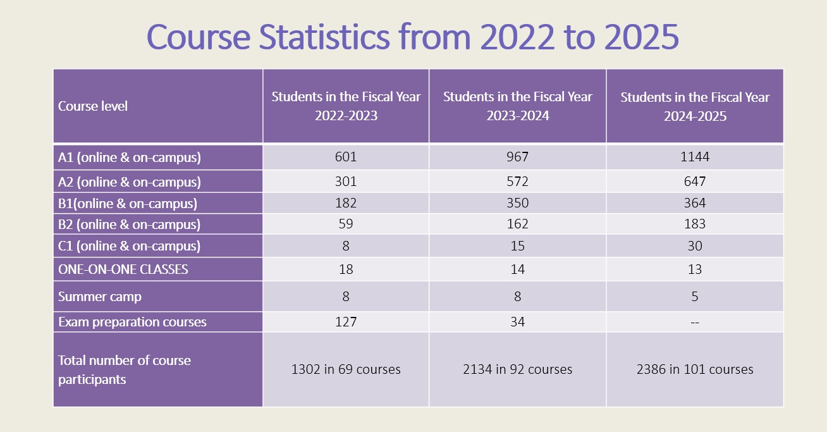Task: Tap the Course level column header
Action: pyautogui.click(x=93, y=106)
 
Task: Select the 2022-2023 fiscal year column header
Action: pyautogui.click(x=346, y=106)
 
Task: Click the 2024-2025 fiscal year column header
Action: pyautogui.click(x=695, y=106)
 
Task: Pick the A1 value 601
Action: pyautogui.click(x=346, y=157)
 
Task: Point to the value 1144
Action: pyautogui.click(x=695, y=157)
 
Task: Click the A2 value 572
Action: pyautogui.click(x=517, y=182)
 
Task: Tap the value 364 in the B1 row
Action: pyautogui.click(x=695, y=204)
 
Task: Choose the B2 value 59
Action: pyautogui.click(x=346, y=224)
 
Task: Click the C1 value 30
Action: pyautogui.click(x=695, y=245)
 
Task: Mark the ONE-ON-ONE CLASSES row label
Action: pyautogui.click(x=123, y=269)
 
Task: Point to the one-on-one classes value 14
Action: pyautogui.click(x=517, y=269)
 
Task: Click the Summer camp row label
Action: pyautogui.click(x=100, y=296)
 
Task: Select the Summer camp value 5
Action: pyautogui.click(x=695, y=296)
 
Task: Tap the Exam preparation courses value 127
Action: pyautogui.click(x=346, y=322)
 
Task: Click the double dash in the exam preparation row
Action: pyautogui.click(x=695, y=322)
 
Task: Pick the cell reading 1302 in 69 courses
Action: pyautogui.click(x=346, y=369)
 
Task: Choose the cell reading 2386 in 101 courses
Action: pyautogui.click(x=695, y=369)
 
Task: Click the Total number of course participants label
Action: pyautogui.click(x=125, y=369)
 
